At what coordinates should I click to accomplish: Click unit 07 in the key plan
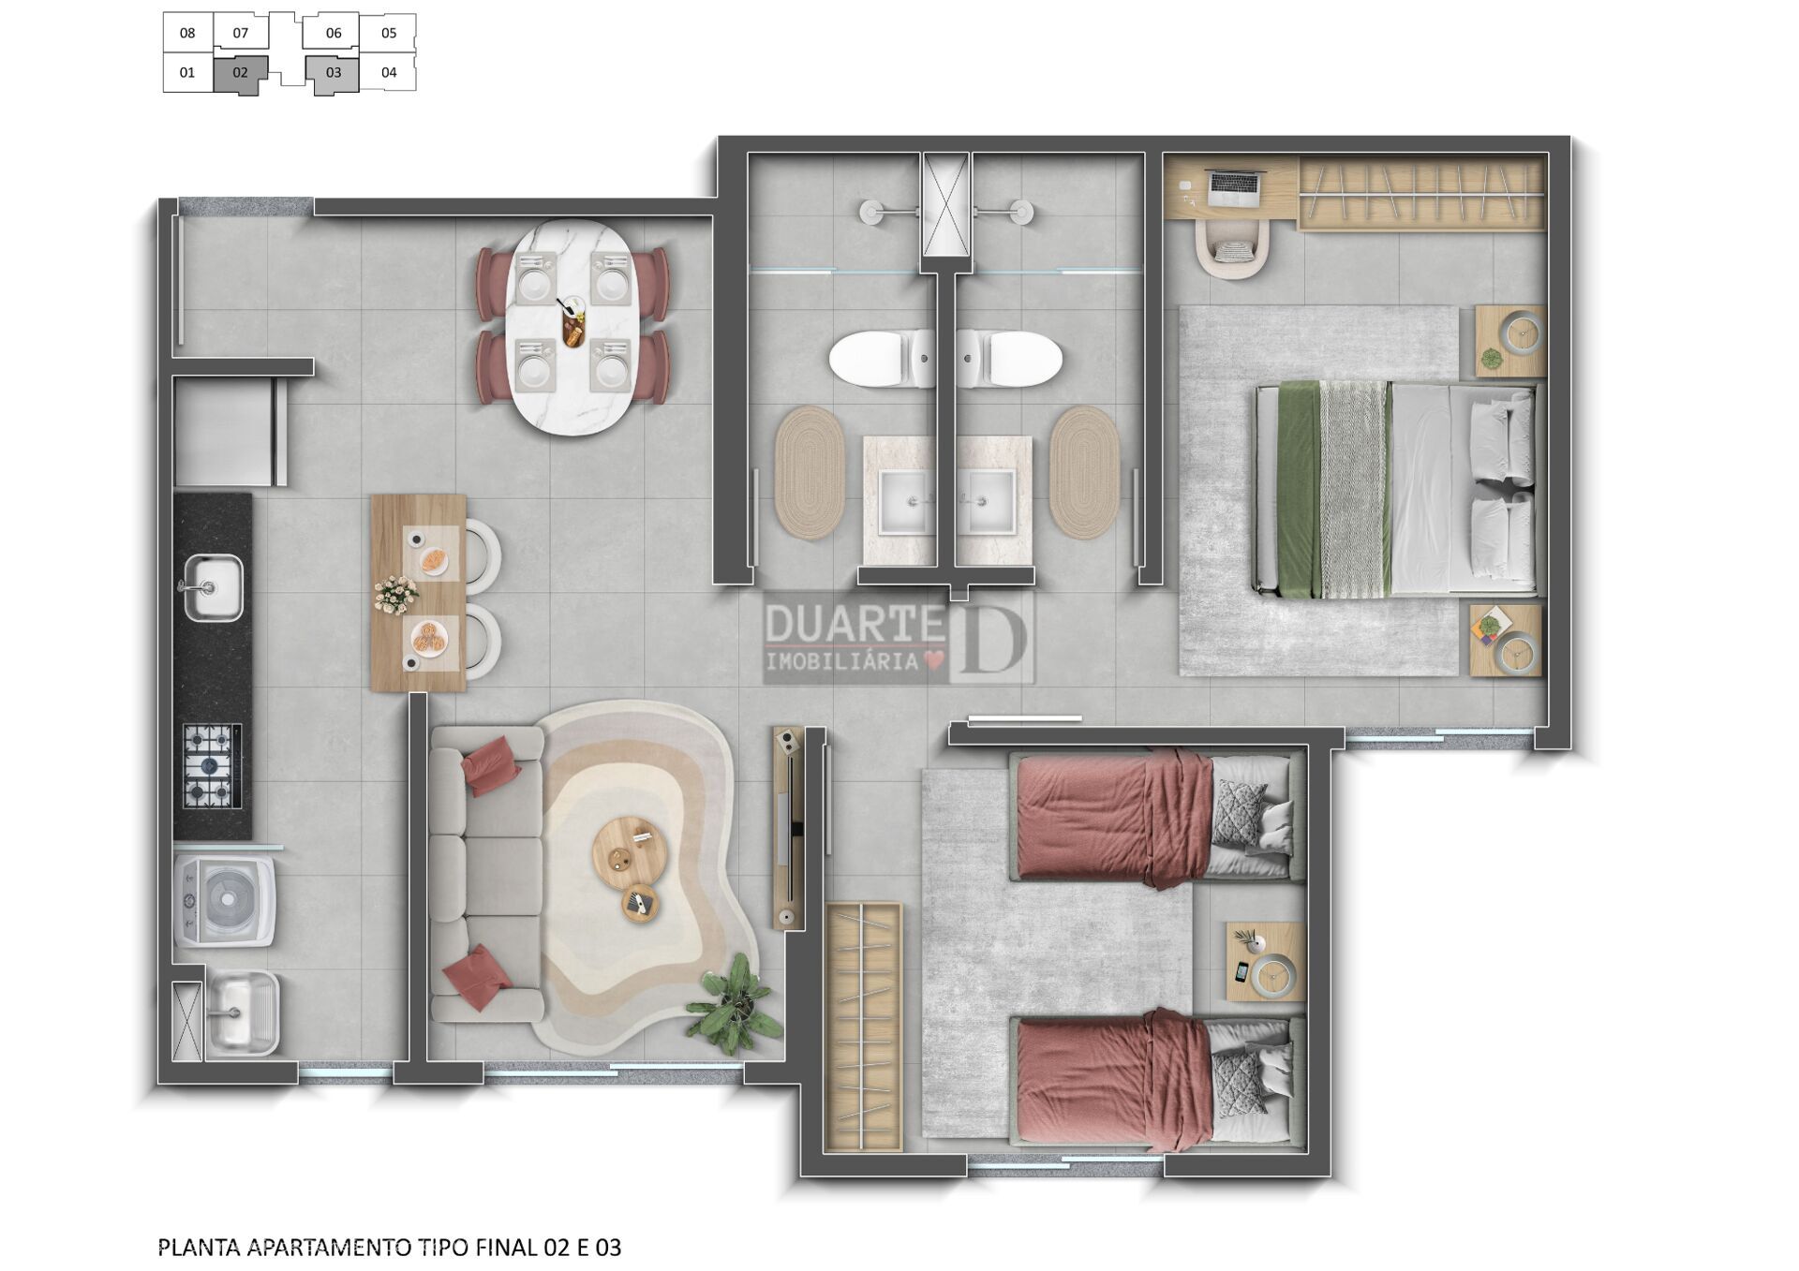click(x=241, y=33)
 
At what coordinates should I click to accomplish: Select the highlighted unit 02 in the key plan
click(x=241, y=73)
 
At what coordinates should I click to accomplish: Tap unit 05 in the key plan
click(x=389, y=33)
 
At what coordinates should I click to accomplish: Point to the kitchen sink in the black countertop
click(x=213, y=587)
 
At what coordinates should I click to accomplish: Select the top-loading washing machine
click(x=225, y=899)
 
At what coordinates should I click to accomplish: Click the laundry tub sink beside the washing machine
click(x=242, y=1013)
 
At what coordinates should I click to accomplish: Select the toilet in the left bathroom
click(x=882, y=358)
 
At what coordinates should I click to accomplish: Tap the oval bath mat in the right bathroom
click(x=1084, y=472)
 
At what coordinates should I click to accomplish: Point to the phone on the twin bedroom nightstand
click(x=1241, y=971)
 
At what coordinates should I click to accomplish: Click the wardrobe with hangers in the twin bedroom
click(x=862, y=1027)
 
